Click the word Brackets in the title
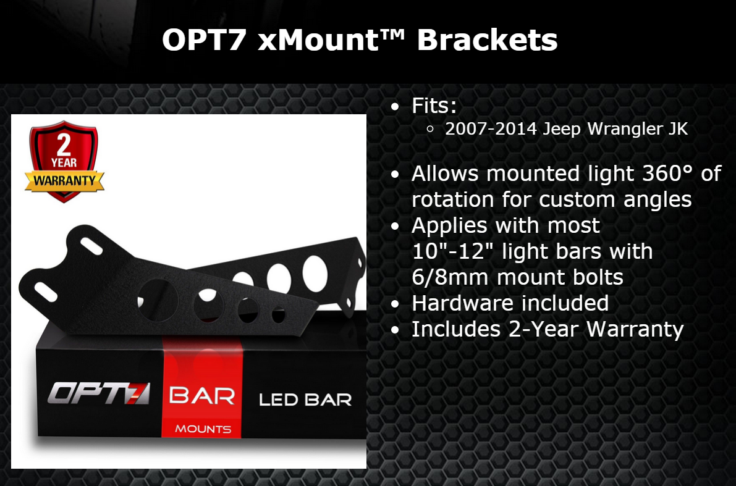pyautogui.click(x=487, y=40)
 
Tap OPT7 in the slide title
pyautogui.click(x=204, y=40)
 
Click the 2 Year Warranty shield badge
pyautogui.click(x=64, y=161)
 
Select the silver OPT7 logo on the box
pyautogui.click(x=99, y=393)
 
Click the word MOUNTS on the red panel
pyautogui.click(x=203, y=429)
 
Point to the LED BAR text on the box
pyautogui.click(x=305, y=400)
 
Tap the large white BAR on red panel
pyautogui.click(x=202, y=396)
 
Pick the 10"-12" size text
pyautogui.click(x=454, y=251)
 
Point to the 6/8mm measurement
pyautogui.click(x=450, y=277)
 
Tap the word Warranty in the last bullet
pyautogui.click(x=635, y=329)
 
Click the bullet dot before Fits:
pyautogui.click(x=395, y=107)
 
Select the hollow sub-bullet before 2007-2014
pyautogui.click(x=430, y=129)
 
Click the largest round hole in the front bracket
pyautogui.click(x=158, y=300)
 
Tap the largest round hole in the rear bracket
pyautogui.click(x=315, y=274)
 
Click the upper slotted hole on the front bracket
pyautogui.click(x=91, y=246)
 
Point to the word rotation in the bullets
pyautogui.click(x=452, y=199)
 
